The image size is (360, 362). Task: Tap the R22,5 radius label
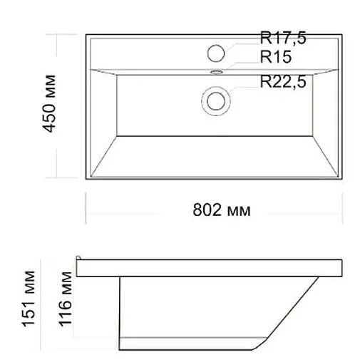coord(283,82)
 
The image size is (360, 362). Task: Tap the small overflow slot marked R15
coord(216,71)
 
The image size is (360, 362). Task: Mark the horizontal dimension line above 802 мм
coord(214,197)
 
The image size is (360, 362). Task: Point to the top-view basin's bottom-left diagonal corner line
coord(102,155)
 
